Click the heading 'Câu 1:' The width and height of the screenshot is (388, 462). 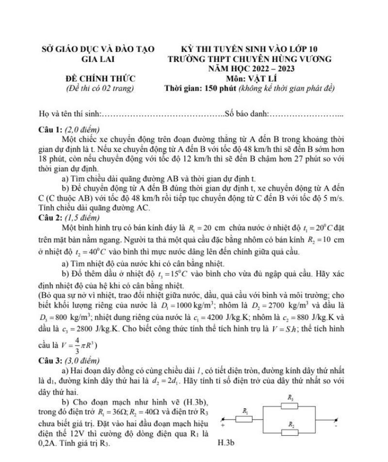tap(50, 130)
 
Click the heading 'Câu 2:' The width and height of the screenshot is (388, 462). tap(50, 217)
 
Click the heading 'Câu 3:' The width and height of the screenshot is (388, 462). tap(50, 361)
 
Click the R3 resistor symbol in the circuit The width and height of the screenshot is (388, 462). tap(290, 405)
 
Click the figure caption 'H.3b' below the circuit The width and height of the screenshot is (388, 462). tap(226, 443)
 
